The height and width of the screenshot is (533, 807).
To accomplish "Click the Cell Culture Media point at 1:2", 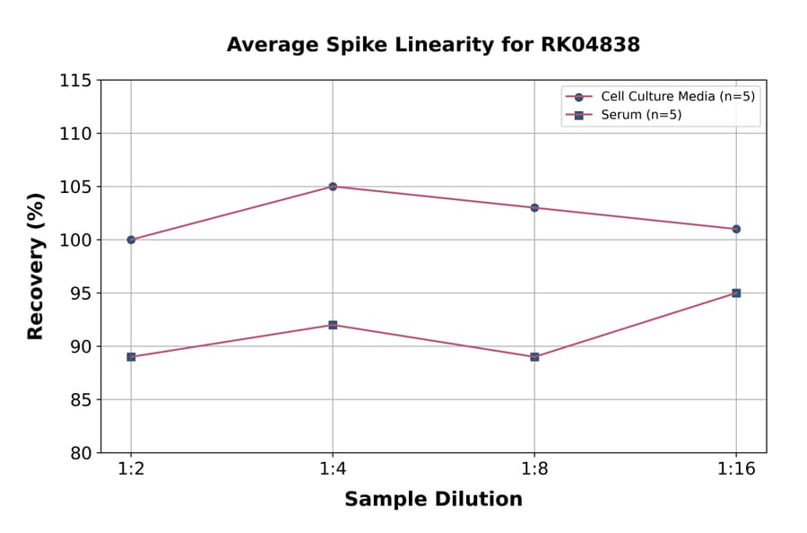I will pos(131,240).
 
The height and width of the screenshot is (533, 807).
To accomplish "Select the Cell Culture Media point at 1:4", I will pos(333,187).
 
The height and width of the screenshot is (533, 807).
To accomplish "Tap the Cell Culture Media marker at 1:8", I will pos(534,207).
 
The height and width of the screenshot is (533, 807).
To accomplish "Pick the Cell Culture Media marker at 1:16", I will pos(736,229).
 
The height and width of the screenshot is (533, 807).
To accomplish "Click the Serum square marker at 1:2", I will pos(131,356).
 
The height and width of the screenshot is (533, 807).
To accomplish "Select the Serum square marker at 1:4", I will pos(333,325).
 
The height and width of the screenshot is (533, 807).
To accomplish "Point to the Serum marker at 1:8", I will pos(534,356).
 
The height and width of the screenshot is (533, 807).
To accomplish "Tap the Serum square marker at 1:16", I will pos(736,293).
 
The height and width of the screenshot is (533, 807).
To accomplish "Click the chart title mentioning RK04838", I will pos(433,45).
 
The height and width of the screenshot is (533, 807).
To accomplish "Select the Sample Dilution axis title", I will pos(433,500).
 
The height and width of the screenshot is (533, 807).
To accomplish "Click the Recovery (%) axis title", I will pos(36,266).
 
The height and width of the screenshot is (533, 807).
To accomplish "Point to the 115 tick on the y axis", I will pos(75,81).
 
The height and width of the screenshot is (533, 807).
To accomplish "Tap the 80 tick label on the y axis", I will pos(81,453).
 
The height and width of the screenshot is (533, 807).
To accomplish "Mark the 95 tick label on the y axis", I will pos(81,293).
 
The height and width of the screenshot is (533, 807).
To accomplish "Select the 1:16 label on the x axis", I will pos(736,469).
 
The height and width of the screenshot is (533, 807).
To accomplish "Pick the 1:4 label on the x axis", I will pos(333,469).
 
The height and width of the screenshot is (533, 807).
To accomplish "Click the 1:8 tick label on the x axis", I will pos(534,469).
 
